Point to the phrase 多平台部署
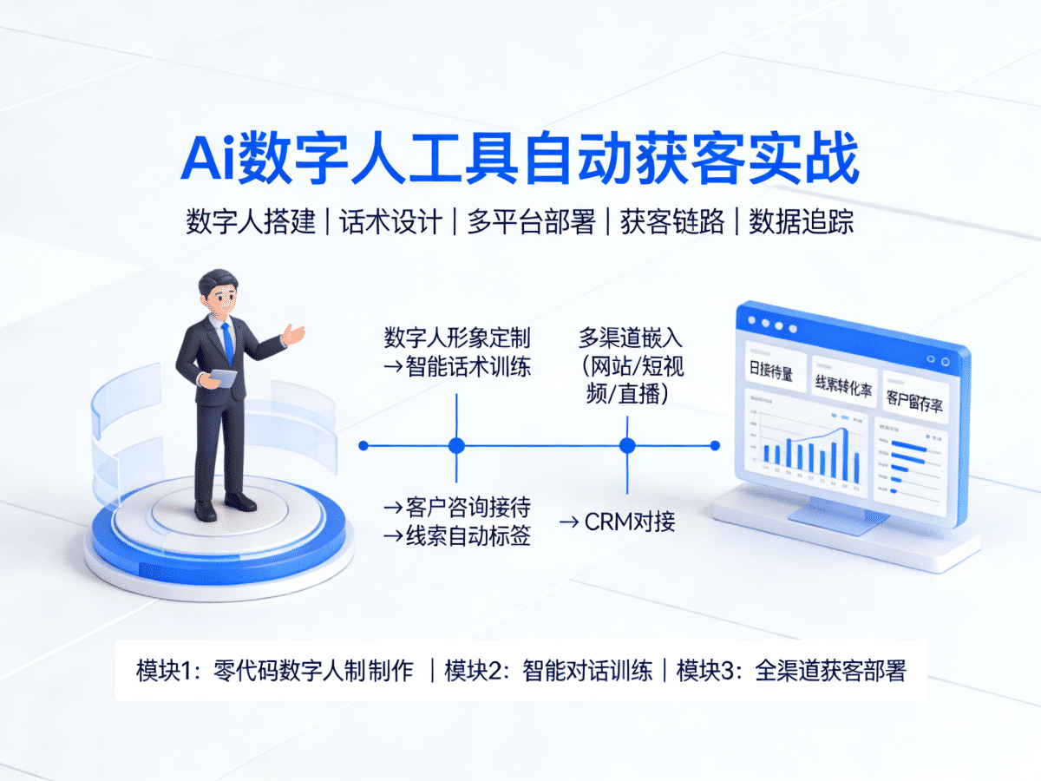[x=531, y=221]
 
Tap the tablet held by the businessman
[x=222, y=379]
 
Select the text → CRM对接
[x=617, y=522]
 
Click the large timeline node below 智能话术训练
[x=457, y=446]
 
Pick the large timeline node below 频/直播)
[x=627, y=446]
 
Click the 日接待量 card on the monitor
[x=770, y=373]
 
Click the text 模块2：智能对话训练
[x=548, y=671]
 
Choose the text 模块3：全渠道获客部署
[x=790, y=671]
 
